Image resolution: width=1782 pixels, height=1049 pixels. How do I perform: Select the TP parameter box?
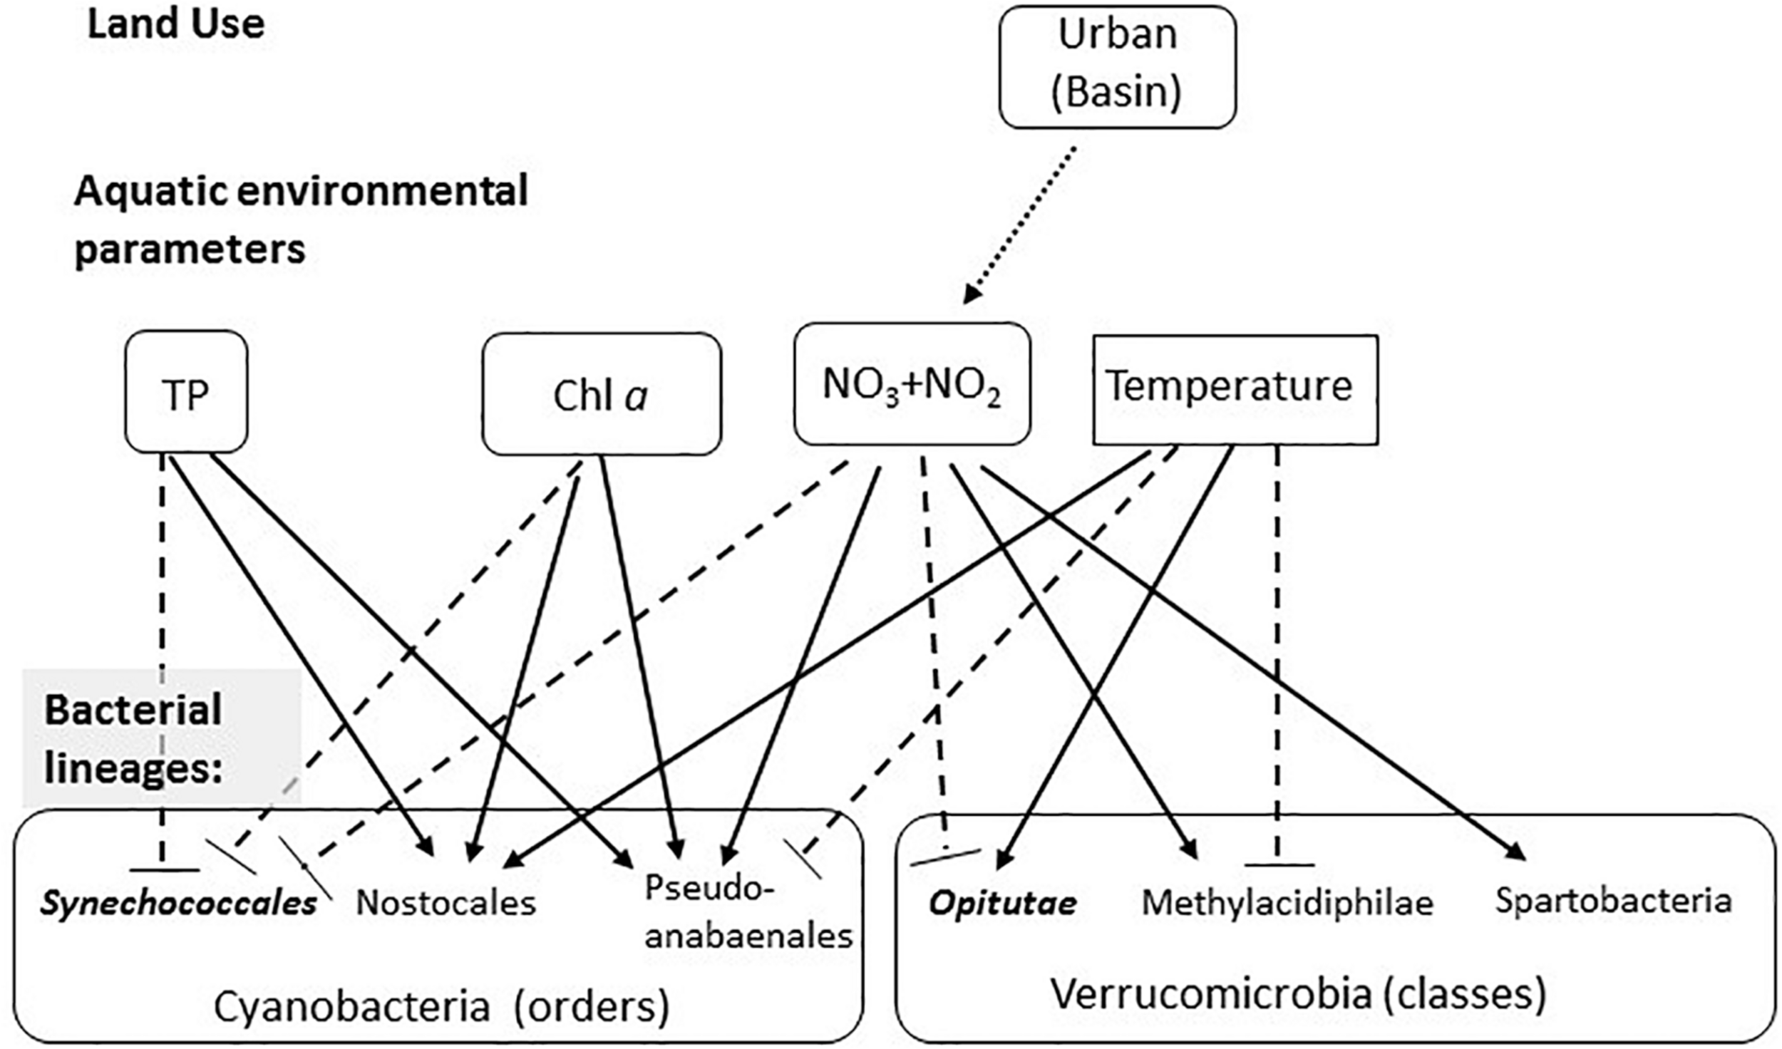[x=186, y=392]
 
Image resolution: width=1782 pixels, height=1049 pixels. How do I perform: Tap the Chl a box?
[x=601, y=394]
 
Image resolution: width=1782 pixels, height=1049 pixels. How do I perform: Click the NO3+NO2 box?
[x=912, y=384]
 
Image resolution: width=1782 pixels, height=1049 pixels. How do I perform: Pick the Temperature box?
[x=1235, y=388]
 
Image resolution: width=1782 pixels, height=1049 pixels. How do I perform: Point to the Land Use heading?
[x=175, y=24]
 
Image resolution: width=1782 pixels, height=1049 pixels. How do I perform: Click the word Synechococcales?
[x=178, y=904]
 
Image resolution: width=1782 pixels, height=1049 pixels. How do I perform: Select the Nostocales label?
[x=445, y=903]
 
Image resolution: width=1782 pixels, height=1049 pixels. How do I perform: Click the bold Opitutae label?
[x=1002, y=904]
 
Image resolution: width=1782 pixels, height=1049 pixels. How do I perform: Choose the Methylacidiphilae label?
[x=1287, y=903]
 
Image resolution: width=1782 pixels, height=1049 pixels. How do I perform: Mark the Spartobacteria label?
[x=1613, y=901]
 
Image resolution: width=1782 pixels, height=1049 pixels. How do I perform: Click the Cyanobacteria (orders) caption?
[x=441, y=1006]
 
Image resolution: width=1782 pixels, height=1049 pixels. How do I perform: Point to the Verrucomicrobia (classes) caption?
[x=1298, y=993]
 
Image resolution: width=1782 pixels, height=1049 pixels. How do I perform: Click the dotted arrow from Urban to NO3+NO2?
[x=1019, y=224]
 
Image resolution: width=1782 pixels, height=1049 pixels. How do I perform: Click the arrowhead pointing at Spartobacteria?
[x=1518, y=854]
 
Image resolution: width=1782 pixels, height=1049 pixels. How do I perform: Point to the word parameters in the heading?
[x=190, y=249]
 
